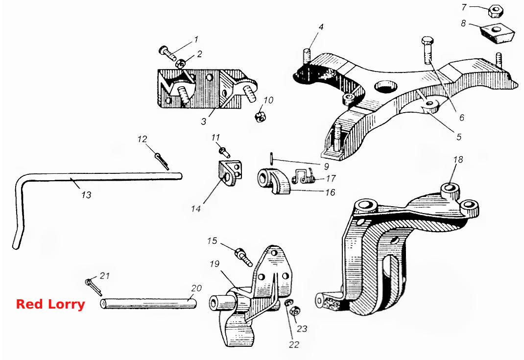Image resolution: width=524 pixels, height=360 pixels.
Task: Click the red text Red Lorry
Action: [50, 305]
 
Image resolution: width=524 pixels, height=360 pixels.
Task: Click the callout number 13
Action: [86, 194]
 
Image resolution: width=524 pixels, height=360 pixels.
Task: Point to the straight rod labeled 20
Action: [148, 303]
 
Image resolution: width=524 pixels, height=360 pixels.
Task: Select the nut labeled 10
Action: [260, 117]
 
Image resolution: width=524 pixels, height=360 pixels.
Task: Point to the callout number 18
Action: [458, 160]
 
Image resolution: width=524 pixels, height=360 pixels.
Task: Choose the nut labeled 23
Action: [294, 311]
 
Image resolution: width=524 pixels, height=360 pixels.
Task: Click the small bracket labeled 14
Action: [230, 173]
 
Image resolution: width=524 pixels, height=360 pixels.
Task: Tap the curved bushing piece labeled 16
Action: [275, 182]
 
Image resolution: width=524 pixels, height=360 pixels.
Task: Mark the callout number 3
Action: [204, 121]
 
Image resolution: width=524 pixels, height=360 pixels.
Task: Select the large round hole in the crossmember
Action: [386, 86]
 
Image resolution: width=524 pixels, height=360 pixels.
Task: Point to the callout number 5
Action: [459, 137]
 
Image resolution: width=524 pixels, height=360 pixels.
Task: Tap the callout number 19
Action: [214, 264]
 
